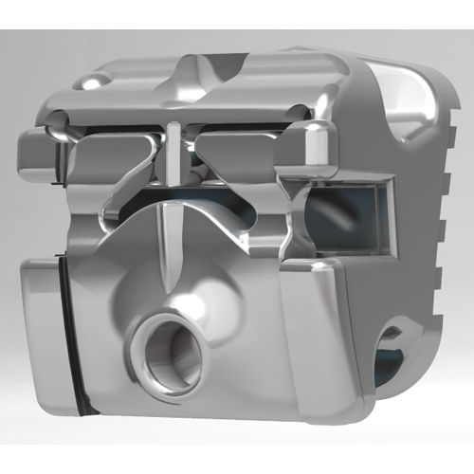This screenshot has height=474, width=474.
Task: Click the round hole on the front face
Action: [168, 354]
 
